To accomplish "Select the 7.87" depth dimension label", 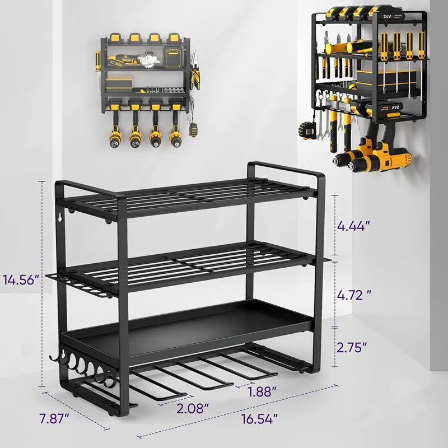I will point(54,418).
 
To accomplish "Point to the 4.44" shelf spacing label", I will point(353,226).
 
